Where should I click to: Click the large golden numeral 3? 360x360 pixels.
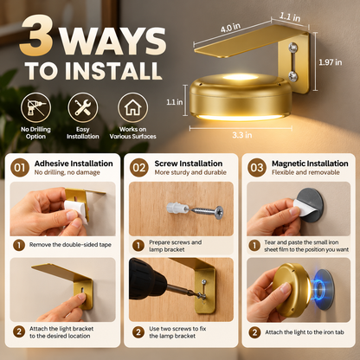point(36,35)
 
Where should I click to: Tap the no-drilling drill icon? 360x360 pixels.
point(35,107)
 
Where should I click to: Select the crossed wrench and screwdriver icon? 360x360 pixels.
point(83,107)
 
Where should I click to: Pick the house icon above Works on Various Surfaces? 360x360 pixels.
point(132,107)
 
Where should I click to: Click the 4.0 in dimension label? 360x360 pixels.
point(230,28)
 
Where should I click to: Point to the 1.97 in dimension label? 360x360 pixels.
point(331,62)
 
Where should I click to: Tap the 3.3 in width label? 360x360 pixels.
point(242,135)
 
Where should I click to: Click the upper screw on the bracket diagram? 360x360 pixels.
point(293,47)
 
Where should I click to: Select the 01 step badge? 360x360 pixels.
point(20,168)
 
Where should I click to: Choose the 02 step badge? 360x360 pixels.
point(139,168)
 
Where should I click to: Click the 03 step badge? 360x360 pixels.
point(257,168)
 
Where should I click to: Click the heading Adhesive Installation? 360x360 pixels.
point(74,164)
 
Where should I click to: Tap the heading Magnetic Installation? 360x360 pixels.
point(310,164)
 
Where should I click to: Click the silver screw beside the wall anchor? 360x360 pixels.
point(206,211)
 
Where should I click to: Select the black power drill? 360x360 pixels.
point(154,281)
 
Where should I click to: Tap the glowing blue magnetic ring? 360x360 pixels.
point(319,287)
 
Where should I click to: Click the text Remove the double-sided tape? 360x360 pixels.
point(70,245)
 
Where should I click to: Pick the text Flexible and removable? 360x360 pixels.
point(305,172)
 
